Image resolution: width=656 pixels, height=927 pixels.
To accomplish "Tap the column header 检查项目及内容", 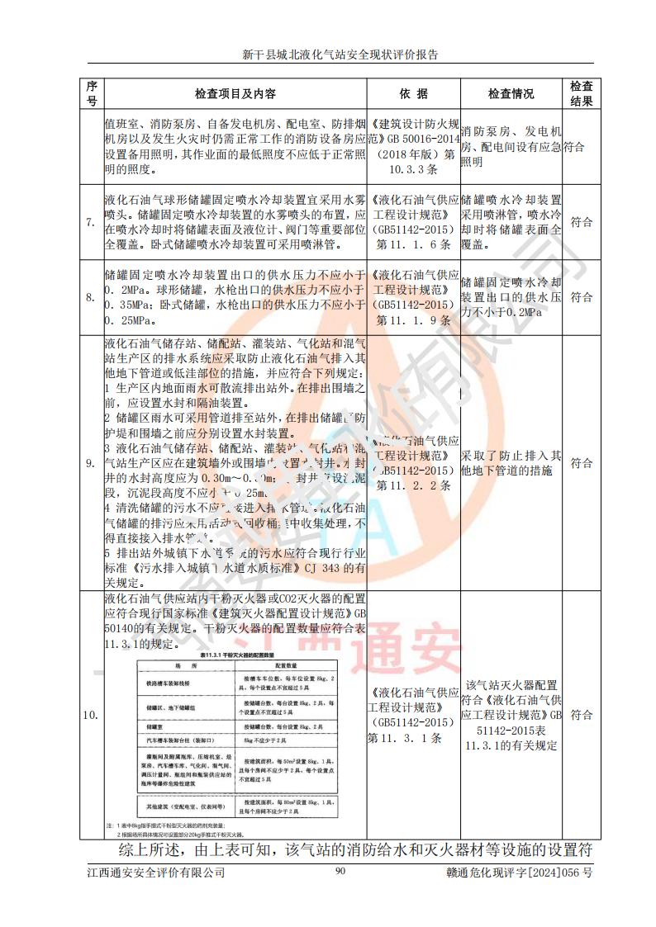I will point(235,94).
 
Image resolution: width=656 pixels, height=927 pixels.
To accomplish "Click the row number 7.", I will point(91,223).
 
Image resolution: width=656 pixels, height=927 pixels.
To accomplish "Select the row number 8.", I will point(91,297).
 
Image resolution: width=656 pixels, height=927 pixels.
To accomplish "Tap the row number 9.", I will point(91,463).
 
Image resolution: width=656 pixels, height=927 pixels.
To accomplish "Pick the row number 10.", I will point(91,715).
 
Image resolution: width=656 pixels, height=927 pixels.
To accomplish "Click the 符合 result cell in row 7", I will point(581,222).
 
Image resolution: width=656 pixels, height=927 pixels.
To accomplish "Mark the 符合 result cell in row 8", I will point(581,296).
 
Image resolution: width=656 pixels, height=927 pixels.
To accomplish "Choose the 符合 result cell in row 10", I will point(581,714).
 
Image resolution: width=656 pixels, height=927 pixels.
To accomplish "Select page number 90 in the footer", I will point(340,872).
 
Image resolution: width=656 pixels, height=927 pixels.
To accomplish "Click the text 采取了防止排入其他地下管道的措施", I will point(511,463).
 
